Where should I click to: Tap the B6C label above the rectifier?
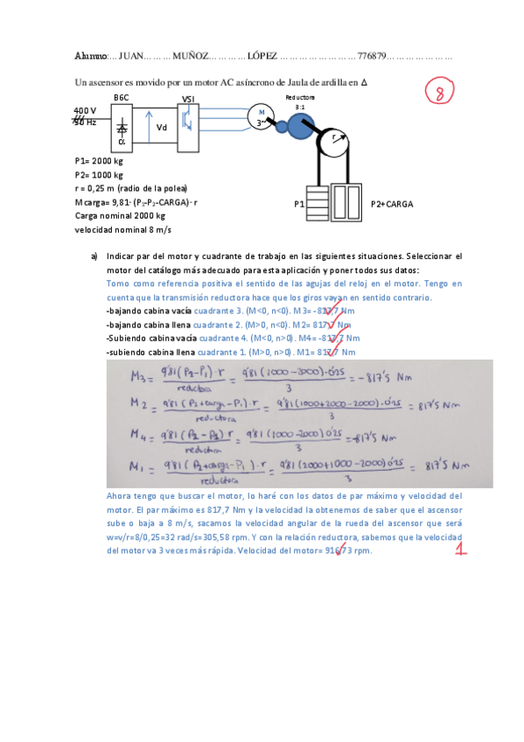122,97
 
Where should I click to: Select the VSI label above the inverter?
188,98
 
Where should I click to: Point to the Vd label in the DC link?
162,128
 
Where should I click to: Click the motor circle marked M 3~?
260,116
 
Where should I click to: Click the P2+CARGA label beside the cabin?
391,203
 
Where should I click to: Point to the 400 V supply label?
85,110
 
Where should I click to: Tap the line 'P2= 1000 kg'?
100,175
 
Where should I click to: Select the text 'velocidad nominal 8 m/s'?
123,229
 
